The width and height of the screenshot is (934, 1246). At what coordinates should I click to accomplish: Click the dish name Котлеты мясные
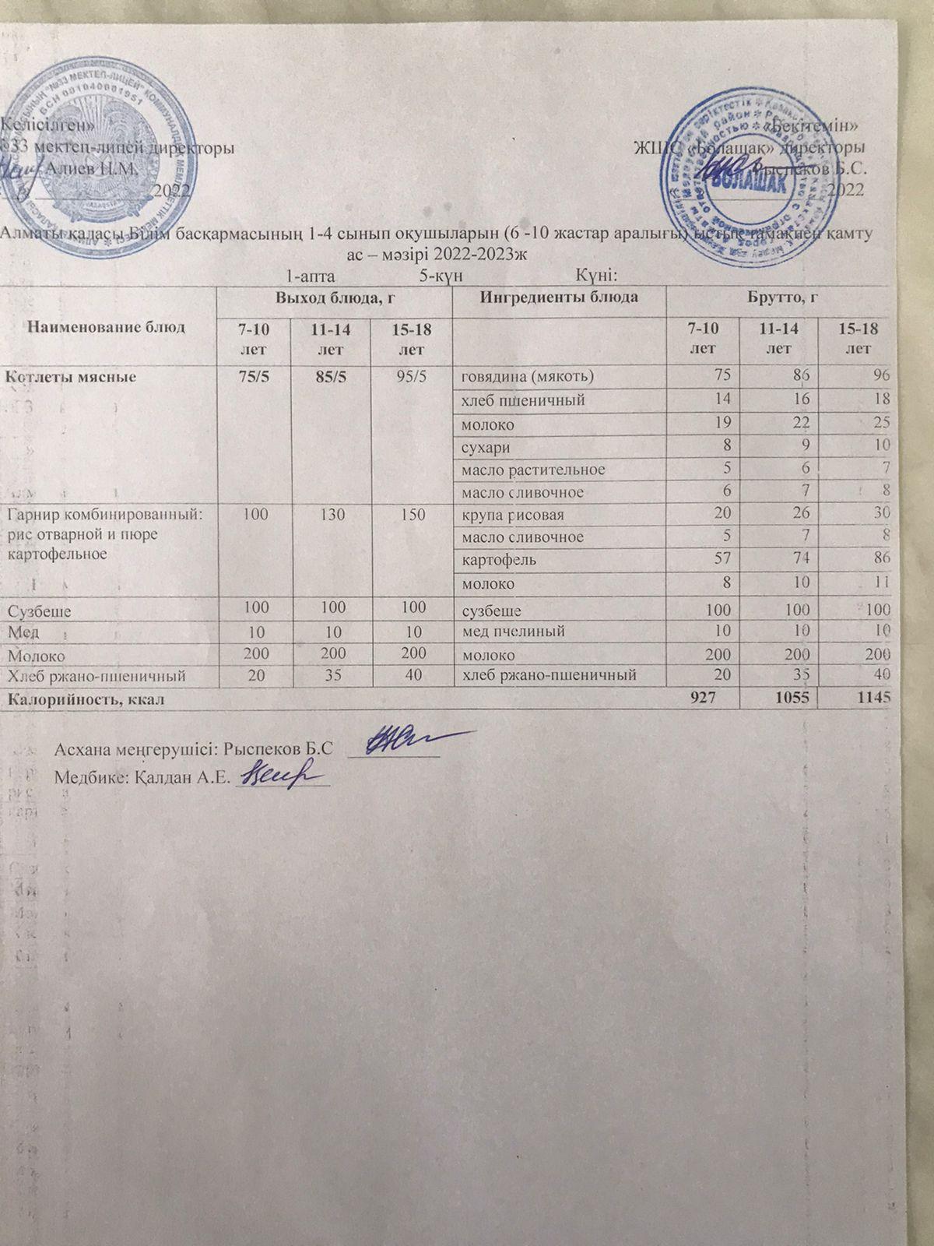71,377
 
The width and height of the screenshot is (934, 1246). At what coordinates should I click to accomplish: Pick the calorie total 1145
874,699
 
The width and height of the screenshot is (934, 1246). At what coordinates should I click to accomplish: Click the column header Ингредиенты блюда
559,297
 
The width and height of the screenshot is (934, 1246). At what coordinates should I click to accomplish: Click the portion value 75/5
251,377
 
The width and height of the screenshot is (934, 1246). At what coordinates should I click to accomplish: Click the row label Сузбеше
39,611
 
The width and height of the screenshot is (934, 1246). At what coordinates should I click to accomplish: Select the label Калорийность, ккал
85,699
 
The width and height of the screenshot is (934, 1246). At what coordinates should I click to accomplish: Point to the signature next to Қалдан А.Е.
280,775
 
